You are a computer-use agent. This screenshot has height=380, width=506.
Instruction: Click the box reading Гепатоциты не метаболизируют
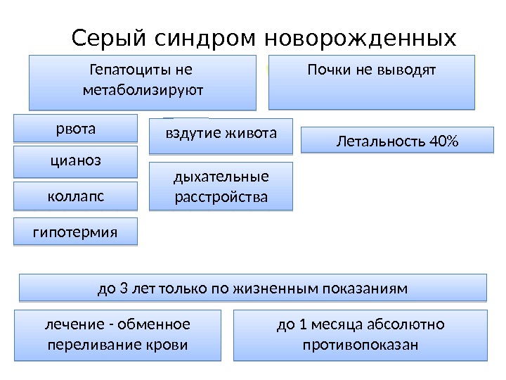coord(143,82)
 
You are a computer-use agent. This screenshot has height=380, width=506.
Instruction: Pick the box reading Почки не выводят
coord(372,82)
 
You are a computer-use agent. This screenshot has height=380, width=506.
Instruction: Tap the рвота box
coord(76,129)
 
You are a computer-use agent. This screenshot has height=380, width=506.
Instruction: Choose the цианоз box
coord(76,160)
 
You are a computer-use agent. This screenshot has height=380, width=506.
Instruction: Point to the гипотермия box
coord(76,231)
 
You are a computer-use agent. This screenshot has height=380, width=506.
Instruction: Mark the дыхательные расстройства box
coord(221,186)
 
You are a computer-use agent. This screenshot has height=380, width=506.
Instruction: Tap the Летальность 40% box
coord(397,141)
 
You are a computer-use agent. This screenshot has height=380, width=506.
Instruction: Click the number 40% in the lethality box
coord(442,143)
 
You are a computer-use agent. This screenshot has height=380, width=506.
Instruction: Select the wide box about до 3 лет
coord(252,288)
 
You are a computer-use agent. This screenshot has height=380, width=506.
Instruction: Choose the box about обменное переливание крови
coord(118,335)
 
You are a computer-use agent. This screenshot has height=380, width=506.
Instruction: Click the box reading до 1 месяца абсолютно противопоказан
coord(360,335)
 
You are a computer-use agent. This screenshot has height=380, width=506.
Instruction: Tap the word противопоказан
coord(360,346)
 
